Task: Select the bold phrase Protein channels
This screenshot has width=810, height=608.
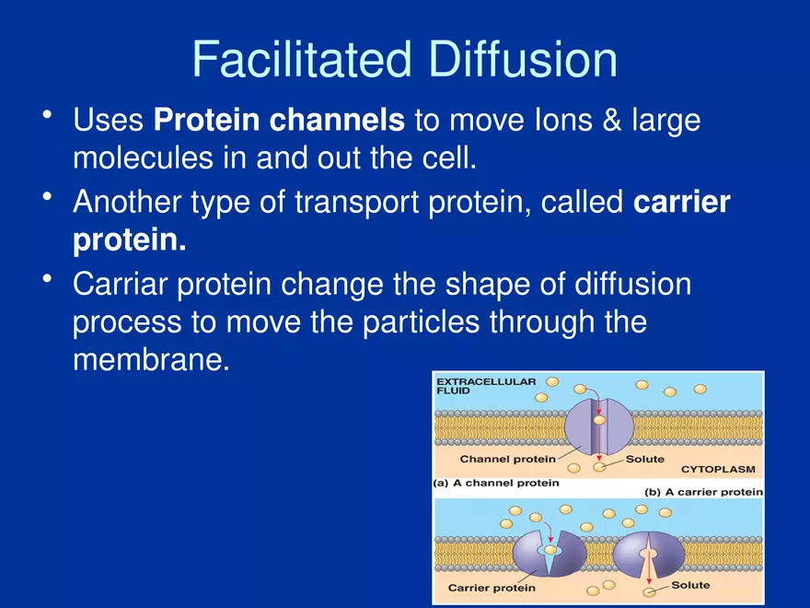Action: (x=279, y=120)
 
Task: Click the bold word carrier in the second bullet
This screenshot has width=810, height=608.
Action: (x=682, y=201)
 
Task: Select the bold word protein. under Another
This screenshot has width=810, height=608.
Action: (x=129, y=240)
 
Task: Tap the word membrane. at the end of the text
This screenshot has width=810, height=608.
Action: (x=149, y=360)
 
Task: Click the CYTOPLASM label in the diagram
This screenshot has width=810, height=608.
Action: (x=717, y=469)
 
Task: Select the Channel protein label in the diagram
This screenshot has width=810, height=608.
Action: (x=507, y=458)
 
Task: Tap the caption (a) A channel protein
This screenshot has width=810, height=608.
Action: (x=495, y=483)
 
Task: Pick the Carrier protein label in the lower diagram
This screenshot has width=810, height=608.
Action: (x=491, y=587)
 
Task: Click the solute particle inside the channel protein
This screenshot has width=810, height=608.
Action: (x=599, y=420)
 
